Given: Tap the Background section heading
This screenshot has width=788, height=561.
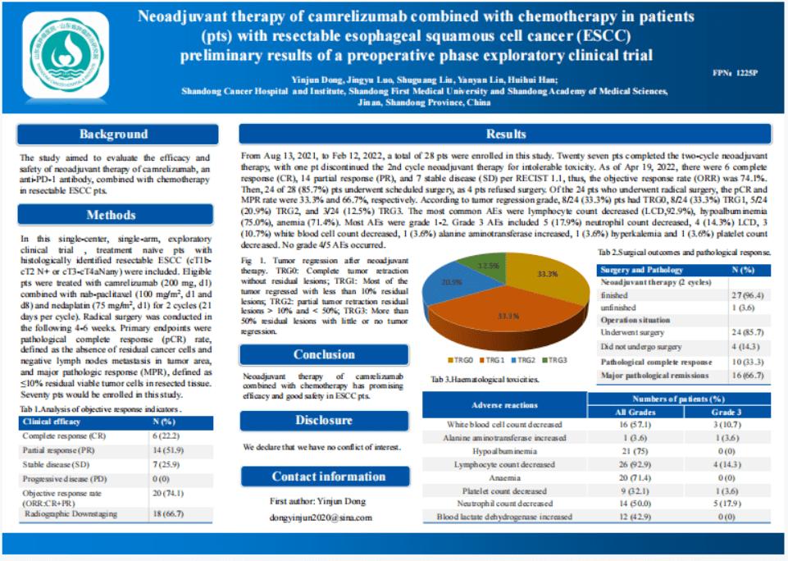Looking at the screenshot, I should tap(113, 135).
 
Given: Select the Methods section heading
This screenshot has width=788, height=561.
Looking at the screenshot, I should tap(113, 215).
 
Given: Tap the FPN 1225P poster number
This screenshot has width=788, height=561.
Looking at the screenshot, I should tap(736, 73).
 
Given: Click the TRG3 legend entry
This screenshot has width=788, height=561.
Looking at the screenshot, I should tap(554, 360).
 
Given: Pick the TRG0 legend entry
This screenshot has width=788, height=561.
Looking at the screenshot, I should tap(458, 360).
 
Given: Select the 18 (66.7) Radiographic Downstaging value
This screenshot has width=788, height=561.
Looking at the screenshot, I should tap(170, 513).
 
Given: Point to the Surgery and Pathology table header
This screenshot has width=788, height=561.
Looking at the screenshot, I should tap(641, 270).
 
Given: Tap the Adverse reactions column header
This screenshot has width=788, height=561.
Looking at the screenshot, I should tap(504, 405).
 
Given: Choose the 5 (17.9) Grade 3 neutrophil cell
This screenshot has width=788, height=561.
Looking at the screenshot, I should tap(726, 503).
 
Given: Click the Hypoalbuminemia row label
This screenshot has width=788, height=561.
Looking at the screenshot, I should tap(504, 450).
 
